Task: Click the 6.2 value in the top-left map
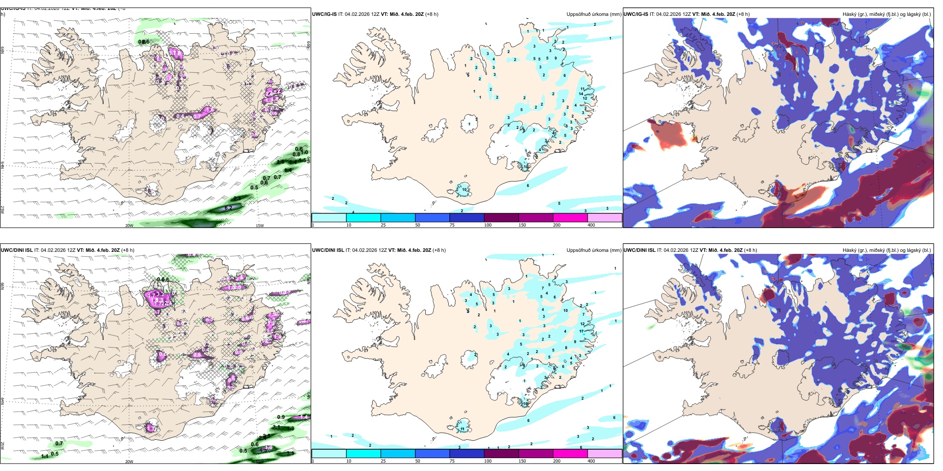click(228, 208)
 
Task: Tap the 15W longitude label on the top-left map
click(259, 226)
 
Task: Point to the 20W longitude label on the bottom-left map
click(129, 462)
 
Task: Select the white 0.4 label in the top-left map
click(180, 116)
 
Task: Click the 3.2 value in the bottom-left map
click(160, 294)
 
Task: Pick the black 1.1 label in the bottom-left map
click(45, 456)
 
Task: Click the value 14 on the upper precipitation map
click(581, 94)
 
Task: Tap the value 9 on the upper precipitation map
click(555, 59)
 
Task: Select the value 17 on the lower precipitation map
click(581, 331)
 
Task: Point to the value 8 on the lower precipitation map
click(566, 348)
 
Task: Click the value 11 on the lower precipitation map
click(462, 429)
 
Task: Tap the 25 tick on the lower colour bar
click(383, 461)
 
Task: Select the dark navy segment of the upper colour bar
click(467, 218)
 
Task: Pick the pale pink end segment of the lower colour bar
click(605, 454)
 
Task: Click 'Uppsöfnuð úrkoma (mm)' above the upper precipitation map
click(594, 14)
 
